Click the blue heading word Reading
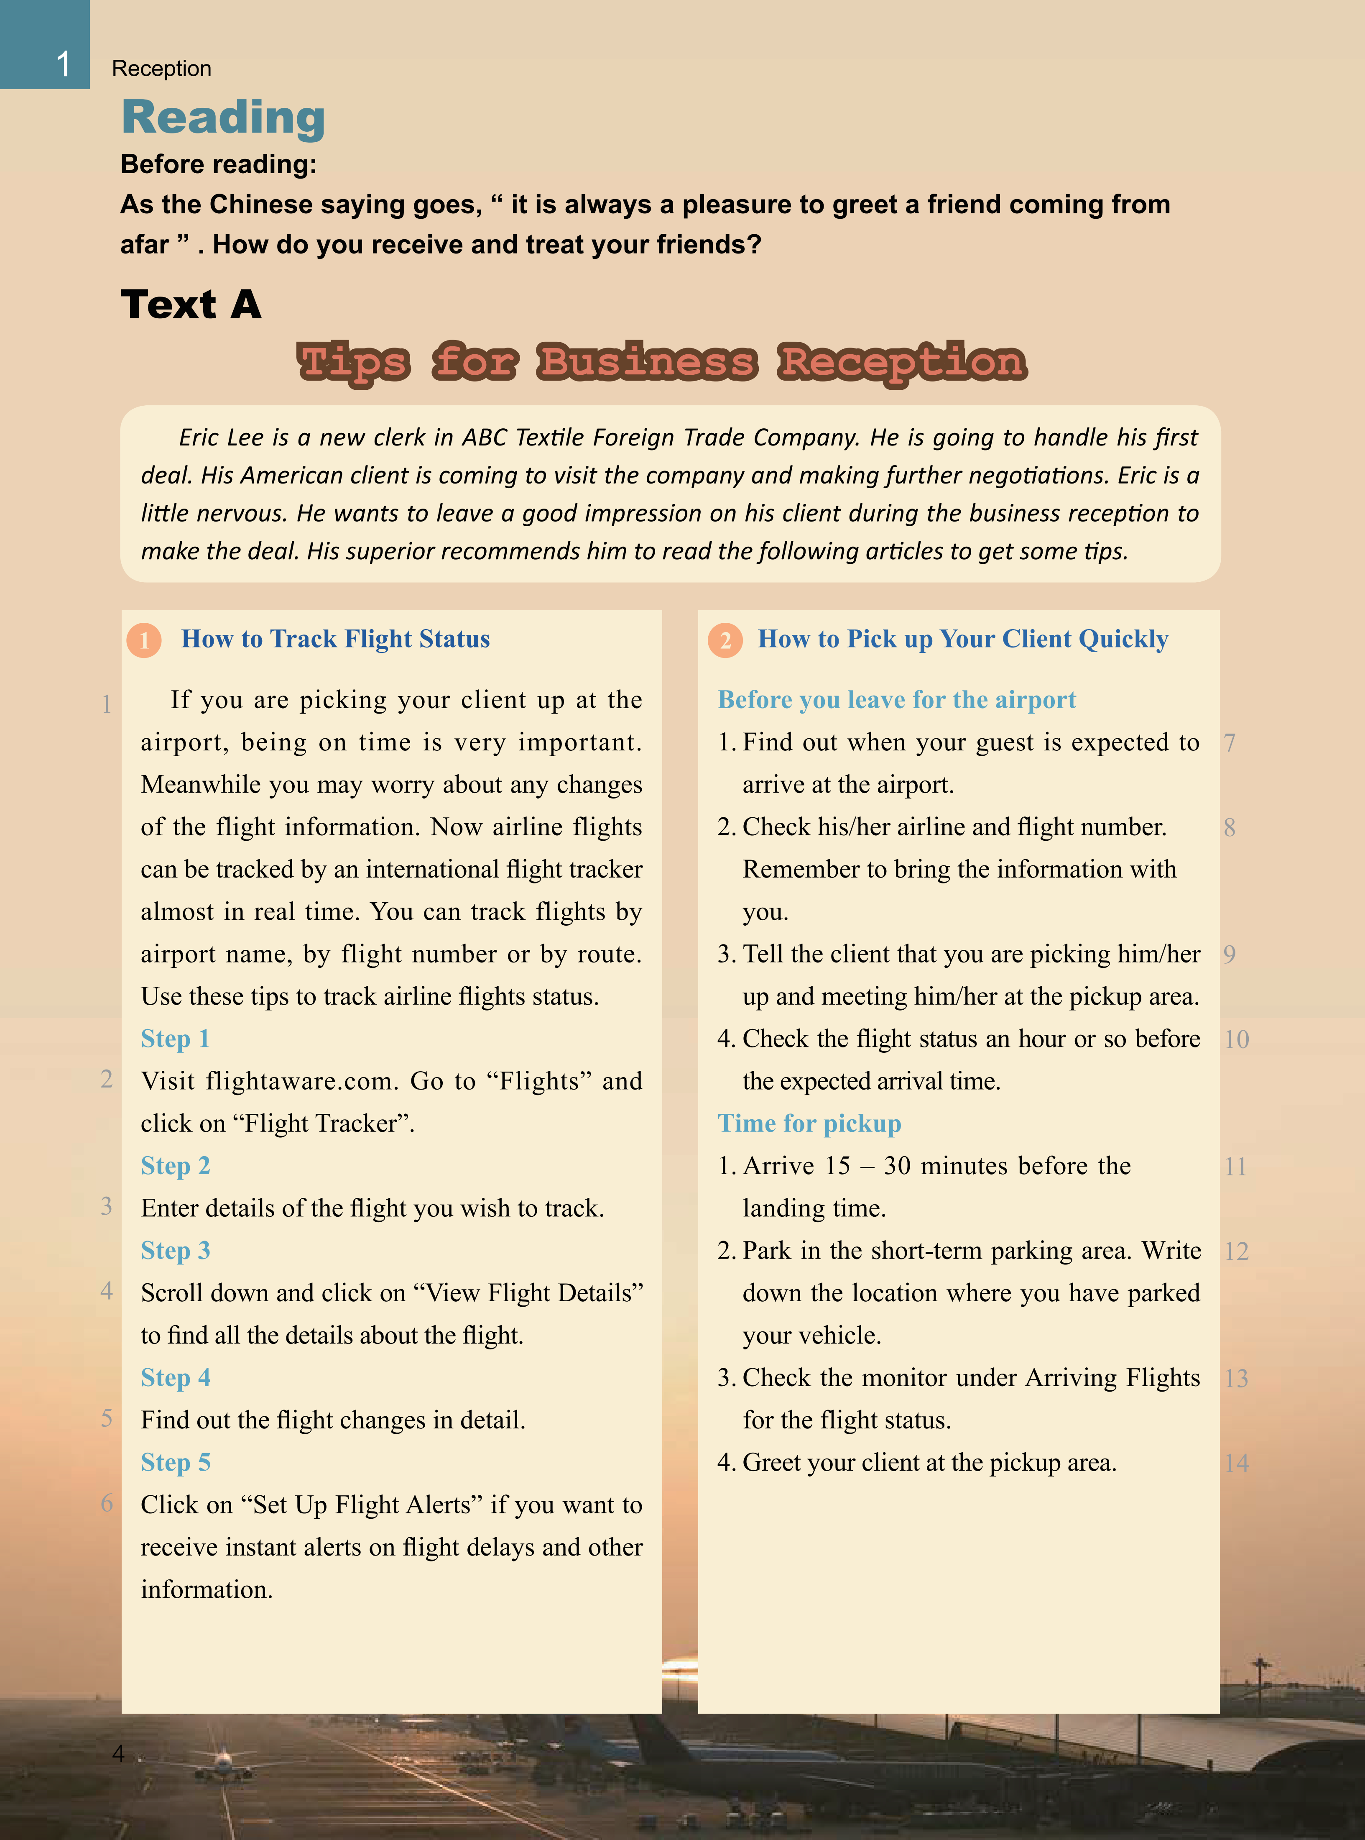(223, 118)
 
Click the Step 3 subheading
(175, 1251)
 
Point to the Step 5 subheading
(175, 1462)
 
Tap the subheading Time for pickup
(809, 1123)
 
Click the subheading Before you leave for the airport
(896, 700)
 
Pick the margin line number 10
(1236, 1040)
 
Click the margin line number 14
(1236, 1464)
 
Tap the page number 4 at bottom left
(118, 1753)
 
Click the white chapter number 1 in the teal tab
(63, 63)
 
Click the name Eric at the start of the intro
(198, 437)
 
